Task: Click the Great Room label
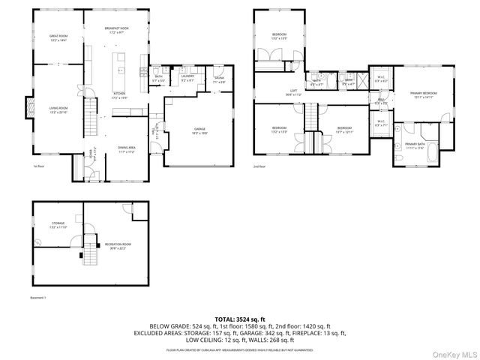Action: coord(58,37)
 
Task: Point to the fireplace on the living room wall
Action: coord(29,108)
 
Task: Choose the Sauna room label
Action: coord(219,79)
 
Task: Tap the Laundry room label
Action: coord(187,77)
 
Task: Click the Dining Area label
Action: coord(125,149)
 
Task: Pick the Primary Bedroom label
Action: coord(423,94)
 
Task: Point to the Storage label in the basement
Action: coord(58,225)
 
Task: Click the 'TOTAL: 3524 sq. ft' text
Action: coord(240,319)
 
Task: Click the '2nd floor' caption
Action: coord(259,166)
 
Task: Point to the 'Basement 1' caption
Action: coord(38,298)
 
